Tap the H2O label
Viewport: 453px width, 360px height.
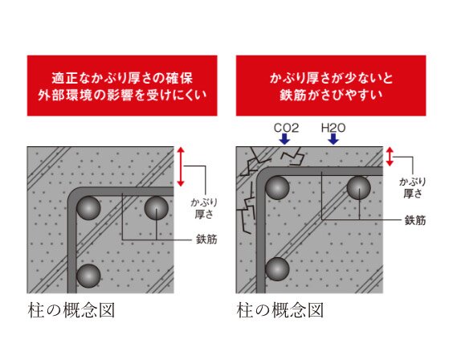333,127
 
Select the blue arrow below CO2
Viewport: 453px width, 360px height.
283,140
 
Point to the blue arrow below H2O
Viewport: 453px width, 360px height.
333,140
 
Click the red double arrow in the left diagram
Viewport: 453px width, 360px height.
182,167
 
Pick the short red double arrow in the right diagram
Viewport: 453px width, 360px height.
391,156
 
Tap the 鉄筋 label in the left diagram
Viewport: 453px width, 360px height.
206,239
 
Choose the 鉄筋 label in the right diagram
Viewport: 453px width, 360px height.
414,219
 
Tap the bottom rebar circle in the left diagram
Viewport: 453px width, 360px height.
89,276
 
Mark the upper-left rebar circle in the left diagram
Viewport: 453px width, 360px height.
89,208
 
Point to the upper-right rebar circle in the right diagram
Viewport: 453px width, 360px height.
359,189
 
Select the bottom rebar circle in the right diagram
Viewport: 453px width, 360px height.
278,268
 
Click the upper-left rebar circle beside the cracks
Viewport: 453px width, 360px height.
278,188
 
